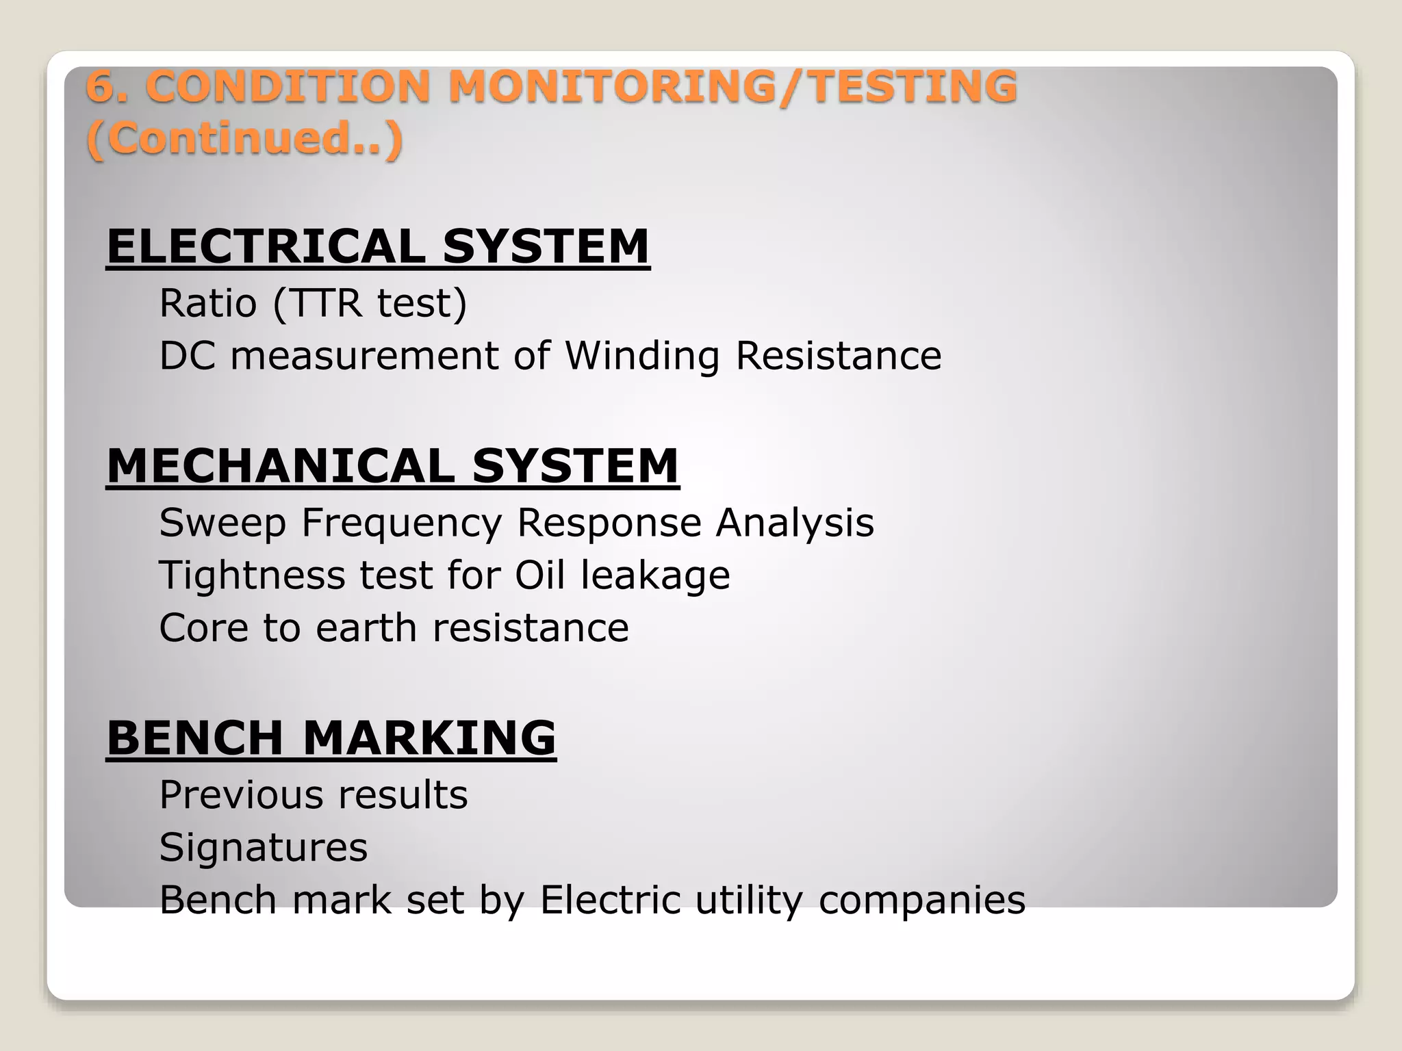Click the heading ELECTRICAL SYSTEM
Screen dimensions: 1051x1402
point(377,246)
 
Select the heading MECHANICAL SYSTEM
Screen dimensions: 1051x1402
point(392,466)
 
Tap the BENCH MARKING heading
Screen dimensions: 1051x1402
point(331,738)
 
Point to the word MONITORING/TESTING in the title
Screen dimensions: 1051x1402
point(732,87)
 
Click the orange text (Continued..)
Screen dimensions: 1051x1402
point(244,138)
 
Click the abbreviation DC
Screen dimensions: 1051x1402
point(187,356)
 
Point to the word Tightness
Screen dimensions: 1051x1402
point(251,575)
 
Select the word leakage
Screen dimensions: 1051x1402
point(655,575)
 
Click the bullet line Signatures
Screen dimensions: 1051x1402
point(264,848)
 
